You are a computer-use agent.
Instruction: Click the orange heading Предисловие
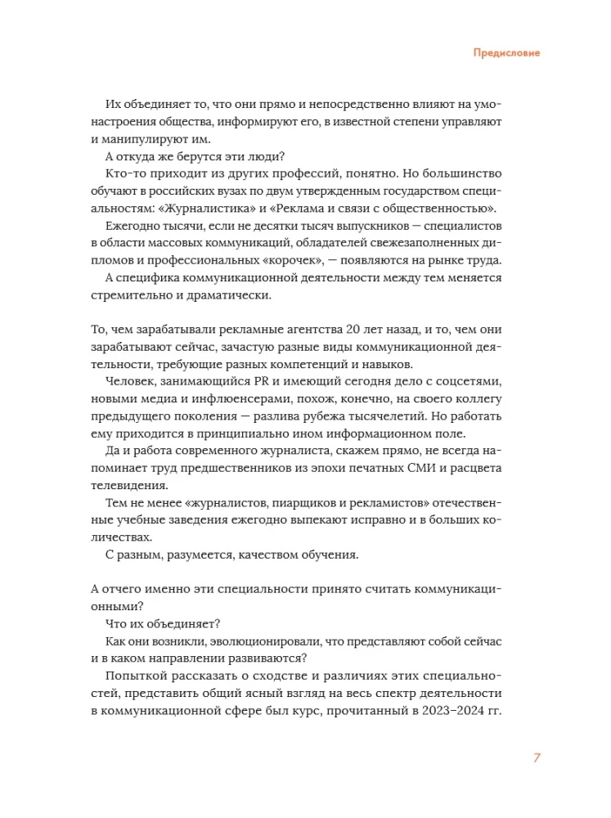pyautogui.click(x=507, y=53)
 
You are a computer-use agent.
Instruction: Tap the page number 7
pyautogui.click(x=537, y=757)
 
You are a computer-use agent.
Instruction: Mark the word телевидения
pyautogui.click(x=127, y=485)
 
